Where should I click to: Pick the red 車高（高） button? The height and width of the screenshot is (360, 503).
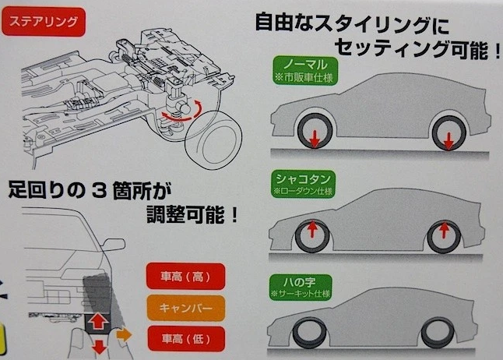tap(185, 276)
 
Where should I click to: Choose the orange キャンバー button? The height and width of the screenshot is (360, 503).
tap(185, 306)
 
